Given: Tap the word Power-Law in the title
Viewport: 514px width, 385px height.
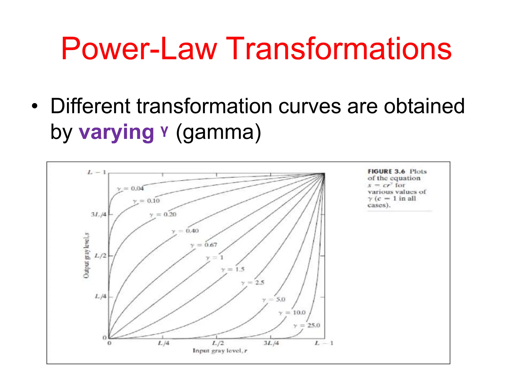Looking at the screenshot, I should pos(139,49).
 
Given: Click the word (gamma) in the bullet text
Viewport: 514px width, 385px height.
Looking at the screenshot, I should pos(218,132).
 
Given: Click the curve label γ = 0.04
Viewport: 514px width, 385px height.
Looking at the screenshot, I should pos(131,188).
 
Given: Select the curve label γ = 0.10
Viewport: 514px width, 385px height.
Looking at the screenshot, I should pos(147,201).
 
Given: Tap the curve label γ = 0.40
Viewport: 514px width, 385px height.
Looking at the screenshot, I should pos(185,231).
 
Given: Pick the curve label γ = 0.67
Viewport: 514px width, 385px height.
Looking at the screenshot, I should pos(204,245).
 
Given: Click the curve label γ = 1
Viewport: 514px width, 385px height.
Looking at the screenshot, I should pos(215,257).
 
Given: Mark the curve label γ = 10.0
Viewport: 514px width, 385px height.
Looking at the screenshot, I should pos(292,313).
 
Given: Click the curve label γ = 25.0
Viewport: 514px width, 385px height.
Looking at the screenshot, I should pos(307,325).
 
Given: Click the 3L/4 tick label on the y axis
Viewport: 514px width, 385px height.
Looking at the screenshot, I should pos(99,215).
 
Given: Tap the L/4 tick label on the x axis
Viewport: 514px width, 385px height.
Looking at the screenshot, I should pos(164,343).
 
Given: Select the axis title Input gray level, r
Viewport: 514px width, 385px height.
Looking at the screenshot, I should pos(220,351).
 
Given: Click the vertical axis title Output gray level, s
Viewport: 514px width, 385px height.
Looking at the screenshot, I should pos(86,255).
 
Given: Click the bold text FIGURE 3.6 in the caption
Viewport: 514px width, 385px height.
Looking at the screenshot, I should pos(386,171).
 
